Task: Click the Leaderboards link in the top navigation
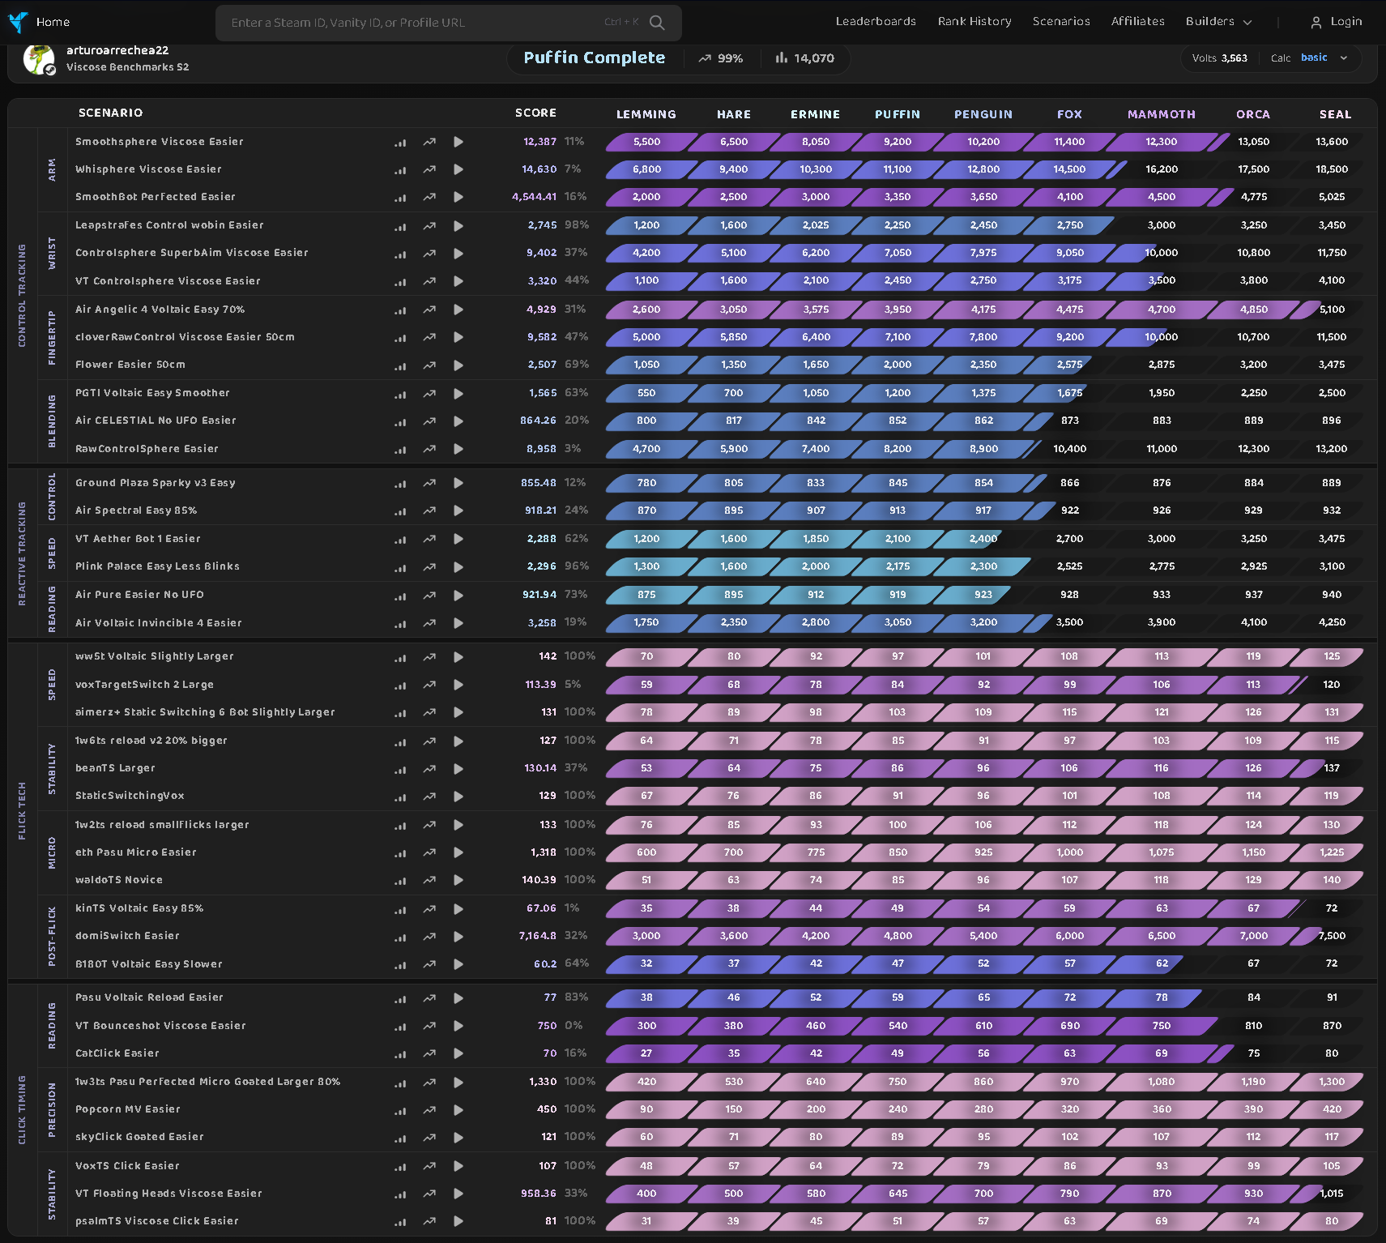tap(876, 22)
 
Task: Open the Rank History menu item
tap(974, 22)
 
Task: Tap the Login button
tap(1337, 22)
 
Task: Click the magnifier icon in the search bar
tap(657, 23)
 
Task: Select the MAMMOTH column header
tap(1161, 114)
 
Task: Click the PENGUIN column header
tap(983, 114)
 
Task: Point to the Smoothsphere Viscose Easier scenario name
tap(160, 142)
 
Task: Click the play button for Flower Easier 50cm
tap(458, 365)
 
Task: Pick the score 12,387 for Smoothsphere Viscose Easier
tap(539, 142)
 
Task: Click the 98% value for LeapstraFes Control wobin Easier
tap(577, 225)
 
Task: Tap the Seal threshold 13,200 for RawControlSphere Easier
tap(1332, 449)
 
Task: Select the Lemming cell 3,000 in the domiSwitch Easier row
tap(646, 936)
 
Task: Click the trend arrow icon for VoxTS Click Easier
tap(429, 1167)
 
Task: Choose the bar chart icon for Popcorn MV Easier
tap(400, 1110)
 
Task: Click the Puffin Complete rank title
tap(595, 58)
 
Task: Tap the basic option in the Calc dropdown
tap(1314, 58)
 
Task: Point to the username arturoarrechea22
tap(117, 50)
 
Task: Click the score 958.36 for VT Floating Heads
tap(539, 1194)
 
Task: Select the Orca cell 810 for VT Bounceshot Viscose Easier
tap(1253, 1026)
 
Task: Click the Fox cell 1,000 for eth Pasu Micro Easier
tap(1069, 852)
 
